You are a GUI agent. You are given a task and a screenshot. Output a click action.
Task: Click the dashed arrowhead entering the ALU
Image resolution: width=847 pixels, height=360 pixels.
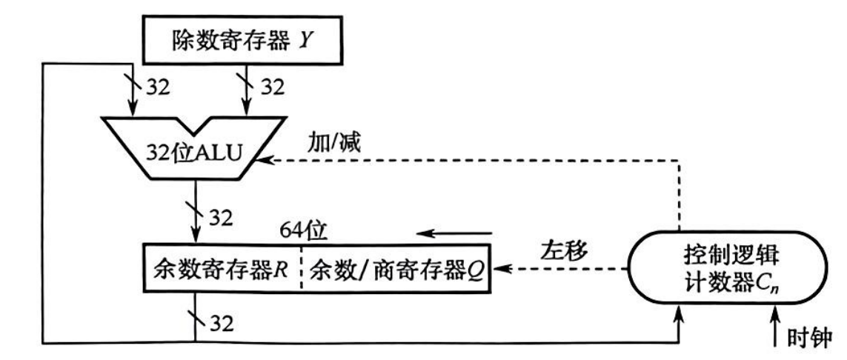(x=262, y=159)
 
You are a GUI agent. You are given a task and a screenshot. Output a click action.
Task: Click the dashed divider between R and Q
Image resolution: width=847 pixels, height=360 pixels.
(x=302, y=267)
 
